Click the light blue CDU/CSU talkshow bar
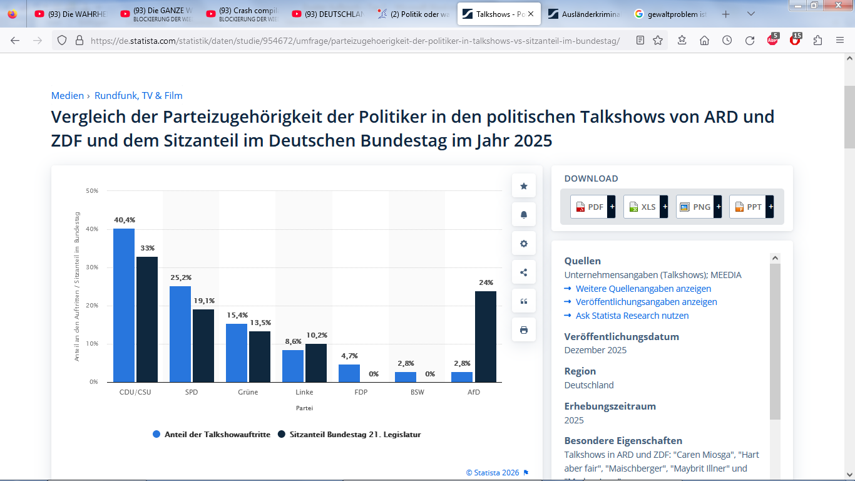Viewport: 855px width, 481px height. pos(124,305)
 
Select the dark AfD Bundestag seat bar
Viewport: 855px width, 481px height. pos(485,336)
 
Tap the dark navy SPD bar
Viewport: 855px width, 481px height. pos(203,346)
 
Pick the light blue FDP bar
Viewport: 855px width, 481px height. pos(349,373)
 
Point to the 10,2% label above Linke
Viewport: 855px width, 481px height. pos(316,335)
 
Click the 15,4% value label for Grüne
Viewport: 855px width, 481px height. pos(237,315)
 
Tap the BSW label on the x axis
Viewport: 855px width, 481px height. pos(417,393)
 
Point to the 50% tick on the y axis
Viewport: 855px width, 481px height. pos(92,190)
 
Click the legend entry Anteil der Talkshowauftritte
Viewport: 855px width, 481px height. pos(212,434)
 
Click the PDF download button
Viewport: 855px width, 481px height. pos(592,207)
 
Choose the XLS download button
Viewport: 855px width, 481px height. pos(645,207)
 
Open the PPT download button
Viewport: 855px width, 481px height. pos(751,207)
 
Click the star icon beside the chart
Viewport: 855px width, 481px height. pos(524,186)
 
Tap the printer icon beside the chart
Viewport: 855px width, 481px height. pos(524,330)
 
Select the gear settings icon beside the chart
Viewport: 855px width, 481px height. pos(524,244)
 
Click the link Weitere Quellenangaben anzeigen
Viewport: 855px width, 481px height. pos(643,289)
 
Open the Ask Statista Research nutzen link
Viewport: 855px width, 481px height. pos(632,316)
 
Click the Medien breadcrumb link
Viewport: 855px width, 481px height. pos(68,96)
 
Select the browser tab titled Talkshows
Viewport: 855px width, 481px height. pos(499,14)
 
